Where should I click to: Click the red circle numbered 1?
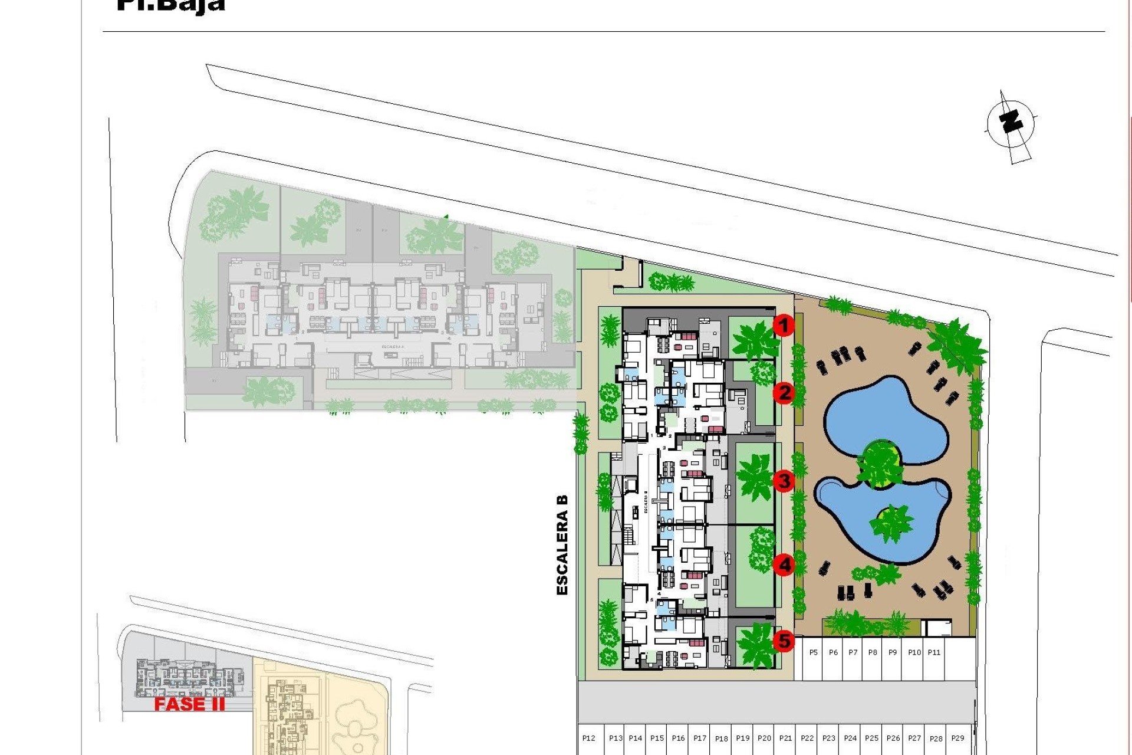coord(783,325)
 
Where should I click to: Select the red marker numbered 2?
coord(784,392)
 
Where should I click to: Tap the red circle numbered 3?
coord(784,481)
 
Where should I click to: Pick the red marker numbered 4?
coord(784,565)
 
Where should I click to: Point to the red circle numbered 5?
coord(784,641)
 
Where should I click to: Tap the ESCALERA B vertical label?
coord(562,544)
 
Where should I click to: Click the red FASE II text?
coord(189,704)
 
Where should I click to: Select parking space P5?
coord(814,652)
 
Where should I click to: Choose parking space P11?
coord(934,652)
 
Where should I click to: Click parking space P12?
coord(588,738)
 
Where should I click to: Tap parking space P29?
coord(957,738)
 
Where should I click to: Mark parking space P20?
coord(764,738)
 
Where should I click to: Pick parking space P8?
coord(873,652)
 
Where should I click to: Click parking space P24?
coord(850,738)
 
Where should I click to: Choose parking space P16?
coord(678,738)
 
